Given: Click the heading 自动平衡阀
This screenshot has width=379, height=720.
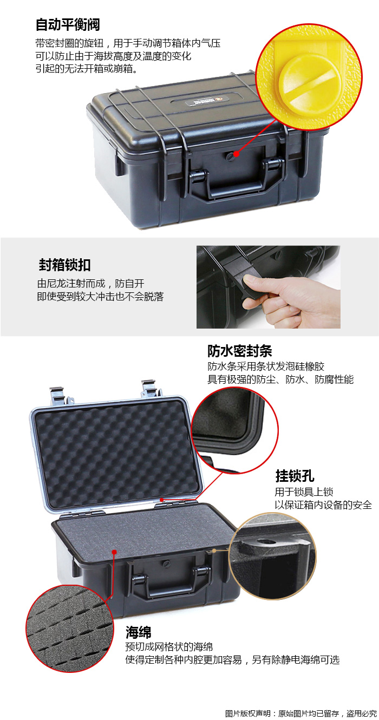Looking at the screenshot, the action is (68, 25).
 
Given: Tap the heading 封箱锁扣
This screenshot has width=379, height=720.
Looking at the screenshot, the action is (64, 265).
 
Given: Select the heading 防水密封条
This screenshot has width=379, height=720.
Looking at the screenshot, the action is (239, 351).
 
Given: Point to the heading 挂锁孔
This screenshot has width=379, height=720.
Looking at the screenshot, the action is (295, 476).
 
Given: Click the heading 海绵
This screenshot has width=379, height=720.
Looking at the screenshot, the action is (138, 632).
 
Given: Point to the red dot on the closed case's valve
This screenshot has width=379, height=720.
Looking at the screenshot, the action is (236, 154).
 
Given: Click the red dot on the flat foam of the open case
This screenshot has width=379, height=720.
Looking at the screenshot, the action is (114, 552).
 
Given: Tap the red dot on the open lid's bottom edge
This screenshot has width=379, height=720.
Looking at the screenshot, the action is (162, 500).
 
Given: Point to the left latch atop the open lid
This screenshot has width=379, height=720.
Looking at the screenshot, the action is (58, 395).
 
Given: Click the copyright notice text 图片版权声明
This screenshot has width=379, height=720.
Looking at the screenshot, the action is (248, 714).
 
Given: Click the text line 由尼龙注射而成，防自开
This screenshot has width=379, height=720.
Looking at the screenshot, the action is (90, 283).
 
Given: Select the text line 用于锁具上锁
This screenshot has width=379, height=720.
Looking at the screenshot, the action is (304, 492).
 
